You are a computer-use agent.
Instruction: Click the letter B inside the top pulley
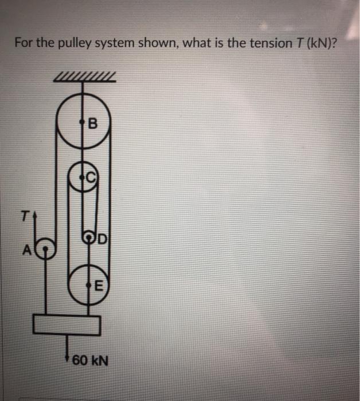click(x=93, y=122)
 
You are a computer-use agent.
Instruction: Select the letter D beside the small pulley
click(x=101, y=236)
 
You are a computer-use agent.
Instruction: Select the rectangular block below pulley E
click(x=67, y=324)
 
